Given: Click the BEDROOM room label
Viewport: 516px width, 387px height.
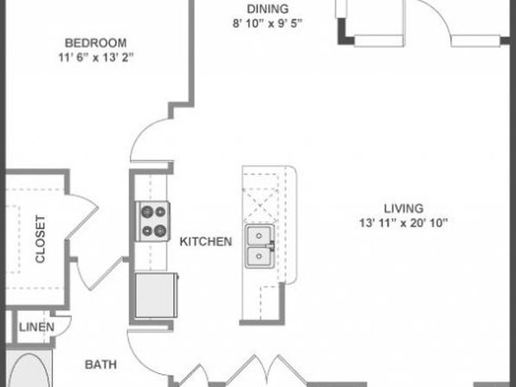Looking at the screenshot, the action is (95, 43).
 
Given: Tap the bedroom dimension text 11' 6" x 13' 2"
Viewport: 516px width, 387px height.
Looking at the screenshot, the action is (96, 57).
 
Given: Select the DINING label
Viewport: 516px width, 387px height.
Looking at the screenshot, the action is (268, 9).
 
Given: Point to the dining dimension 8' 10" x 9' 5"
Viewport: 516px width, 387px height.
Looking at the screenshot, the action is (268, 23).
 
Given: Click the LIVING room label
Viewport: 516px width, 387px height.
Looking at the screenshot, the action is (403, 208).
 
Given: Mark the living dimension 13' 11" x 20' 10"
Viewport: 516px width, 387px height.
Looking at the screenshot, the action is (403, 223).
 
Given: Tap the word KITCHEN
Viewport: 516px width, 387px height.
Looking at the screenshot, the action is (206, 242).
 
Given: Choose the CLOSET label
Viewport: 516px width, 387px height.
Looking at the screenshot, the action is (40, 239).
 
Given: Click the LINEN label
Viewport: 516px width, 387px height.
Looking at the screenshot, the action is (36, 327).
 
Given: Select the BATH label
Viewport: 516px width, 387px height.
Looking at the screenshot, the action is (100, 364).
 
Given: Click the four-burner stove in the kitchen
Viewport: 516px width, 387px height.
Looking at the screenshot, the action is (153, 221).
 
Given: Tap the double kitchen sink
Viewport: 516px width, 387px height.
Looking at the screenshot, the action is (260, 246).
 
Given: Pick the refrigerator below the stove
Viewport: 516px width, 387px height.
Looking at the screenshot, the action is (157, 295).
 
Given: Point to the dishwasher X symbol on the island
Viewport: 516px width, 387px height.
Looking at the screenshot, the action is (261, 205).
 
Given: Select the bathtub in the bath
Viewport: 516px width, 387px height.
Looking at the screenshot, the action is (29, 370).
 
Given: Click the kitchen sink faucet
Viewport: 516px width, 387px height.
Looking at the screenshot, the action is (271, 246).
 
